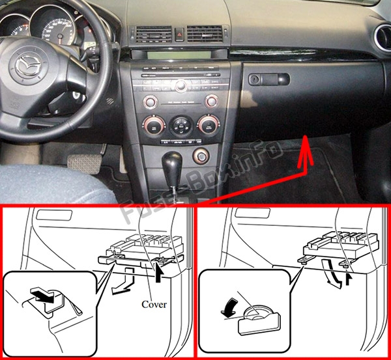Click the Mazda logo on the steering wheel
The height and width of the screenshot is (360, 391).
[x=27, y=66]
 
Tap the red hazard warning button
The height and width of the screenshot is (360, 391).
[x=179, y=34]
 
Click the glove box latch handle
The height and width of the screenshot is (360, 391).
[x=269, y=79]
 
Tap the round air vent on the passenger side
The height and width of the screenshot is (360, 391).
[x=383, y=37]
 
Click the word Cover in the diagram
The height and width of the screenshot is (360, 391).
[x=154, y=304]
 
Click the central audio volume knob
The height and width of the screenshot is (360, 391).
[x=181, y=86]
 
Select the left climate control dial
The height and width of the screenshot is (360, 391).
[x=154, y=125]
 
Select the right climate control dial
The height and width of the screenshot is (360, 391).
[x=209, y=124]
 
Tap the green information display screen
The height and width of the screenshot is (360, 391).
[x=179, y=55]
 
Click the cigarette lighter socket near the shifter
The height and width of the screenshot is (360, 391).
[x=201, y=156]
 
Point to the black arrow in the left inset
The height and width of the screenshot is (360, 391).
[x=45, y=297]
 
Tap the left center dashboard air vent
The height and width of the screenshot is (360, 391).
[x=154, y=34]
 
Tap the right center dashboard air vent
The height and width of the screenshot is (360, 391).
[x=205, y=33]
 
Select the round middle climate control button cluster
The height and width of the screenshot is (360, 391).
[x=181, y=126]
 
